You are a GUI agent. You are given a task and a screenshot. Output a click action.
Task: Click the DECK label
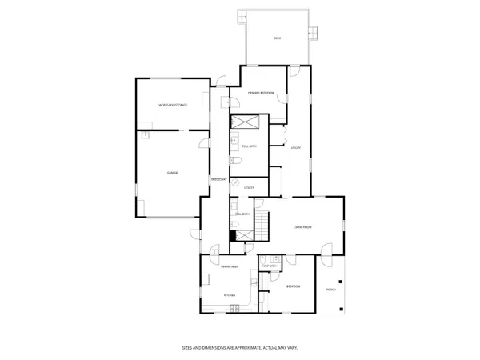(x=277, y=38)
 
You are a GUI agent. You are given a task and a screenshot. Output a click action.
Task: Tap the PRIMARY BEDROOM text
(x=262, y=94)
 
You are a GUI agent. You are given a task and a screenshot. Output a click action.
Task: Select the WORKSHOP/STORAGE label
(x=172, y=105)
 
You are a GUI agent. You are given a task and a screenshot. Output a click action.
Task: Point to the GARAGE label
(x=171, y=172)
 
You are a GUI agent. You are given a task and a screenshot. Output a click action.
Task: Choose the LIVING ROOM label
(x=302, y=227)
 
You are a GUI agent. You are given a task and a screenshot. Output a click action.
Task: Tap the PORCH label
(x=330, y=290)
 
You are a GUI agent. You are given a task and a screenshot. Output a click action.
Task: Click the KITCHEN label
(x=229, y=296)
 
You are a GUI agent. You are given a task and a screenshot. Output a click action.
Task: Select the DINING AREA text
(x=230, y=266)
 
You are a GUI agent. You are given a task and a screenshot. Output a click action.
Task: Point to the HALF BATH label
(x=269, y=266)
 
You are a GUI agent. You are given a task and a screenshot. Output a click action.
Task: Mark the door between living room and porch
(x=327, y=257)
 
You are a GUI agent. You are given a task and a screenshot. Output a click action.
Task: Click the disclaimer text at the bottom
(x=239, y=347)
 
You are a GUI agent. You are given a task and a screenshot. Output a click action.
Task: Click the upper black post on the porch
(x=341, y=281)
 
